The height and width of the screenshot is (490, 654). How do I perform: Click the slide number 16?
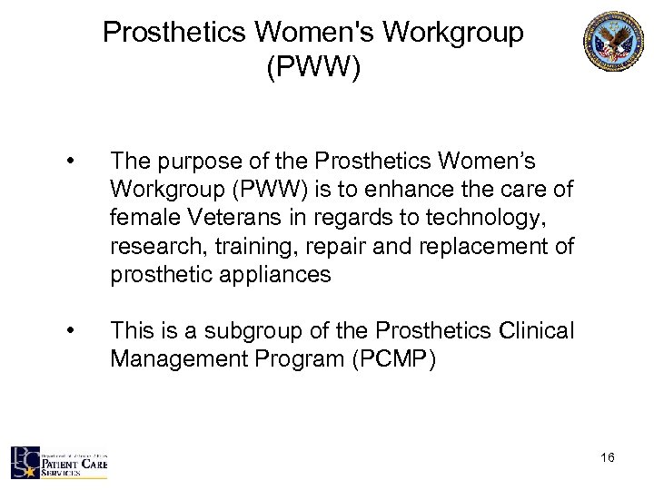point(607,459)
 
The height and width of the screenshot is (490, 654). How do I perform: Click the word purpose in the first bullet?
point(209,161)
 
